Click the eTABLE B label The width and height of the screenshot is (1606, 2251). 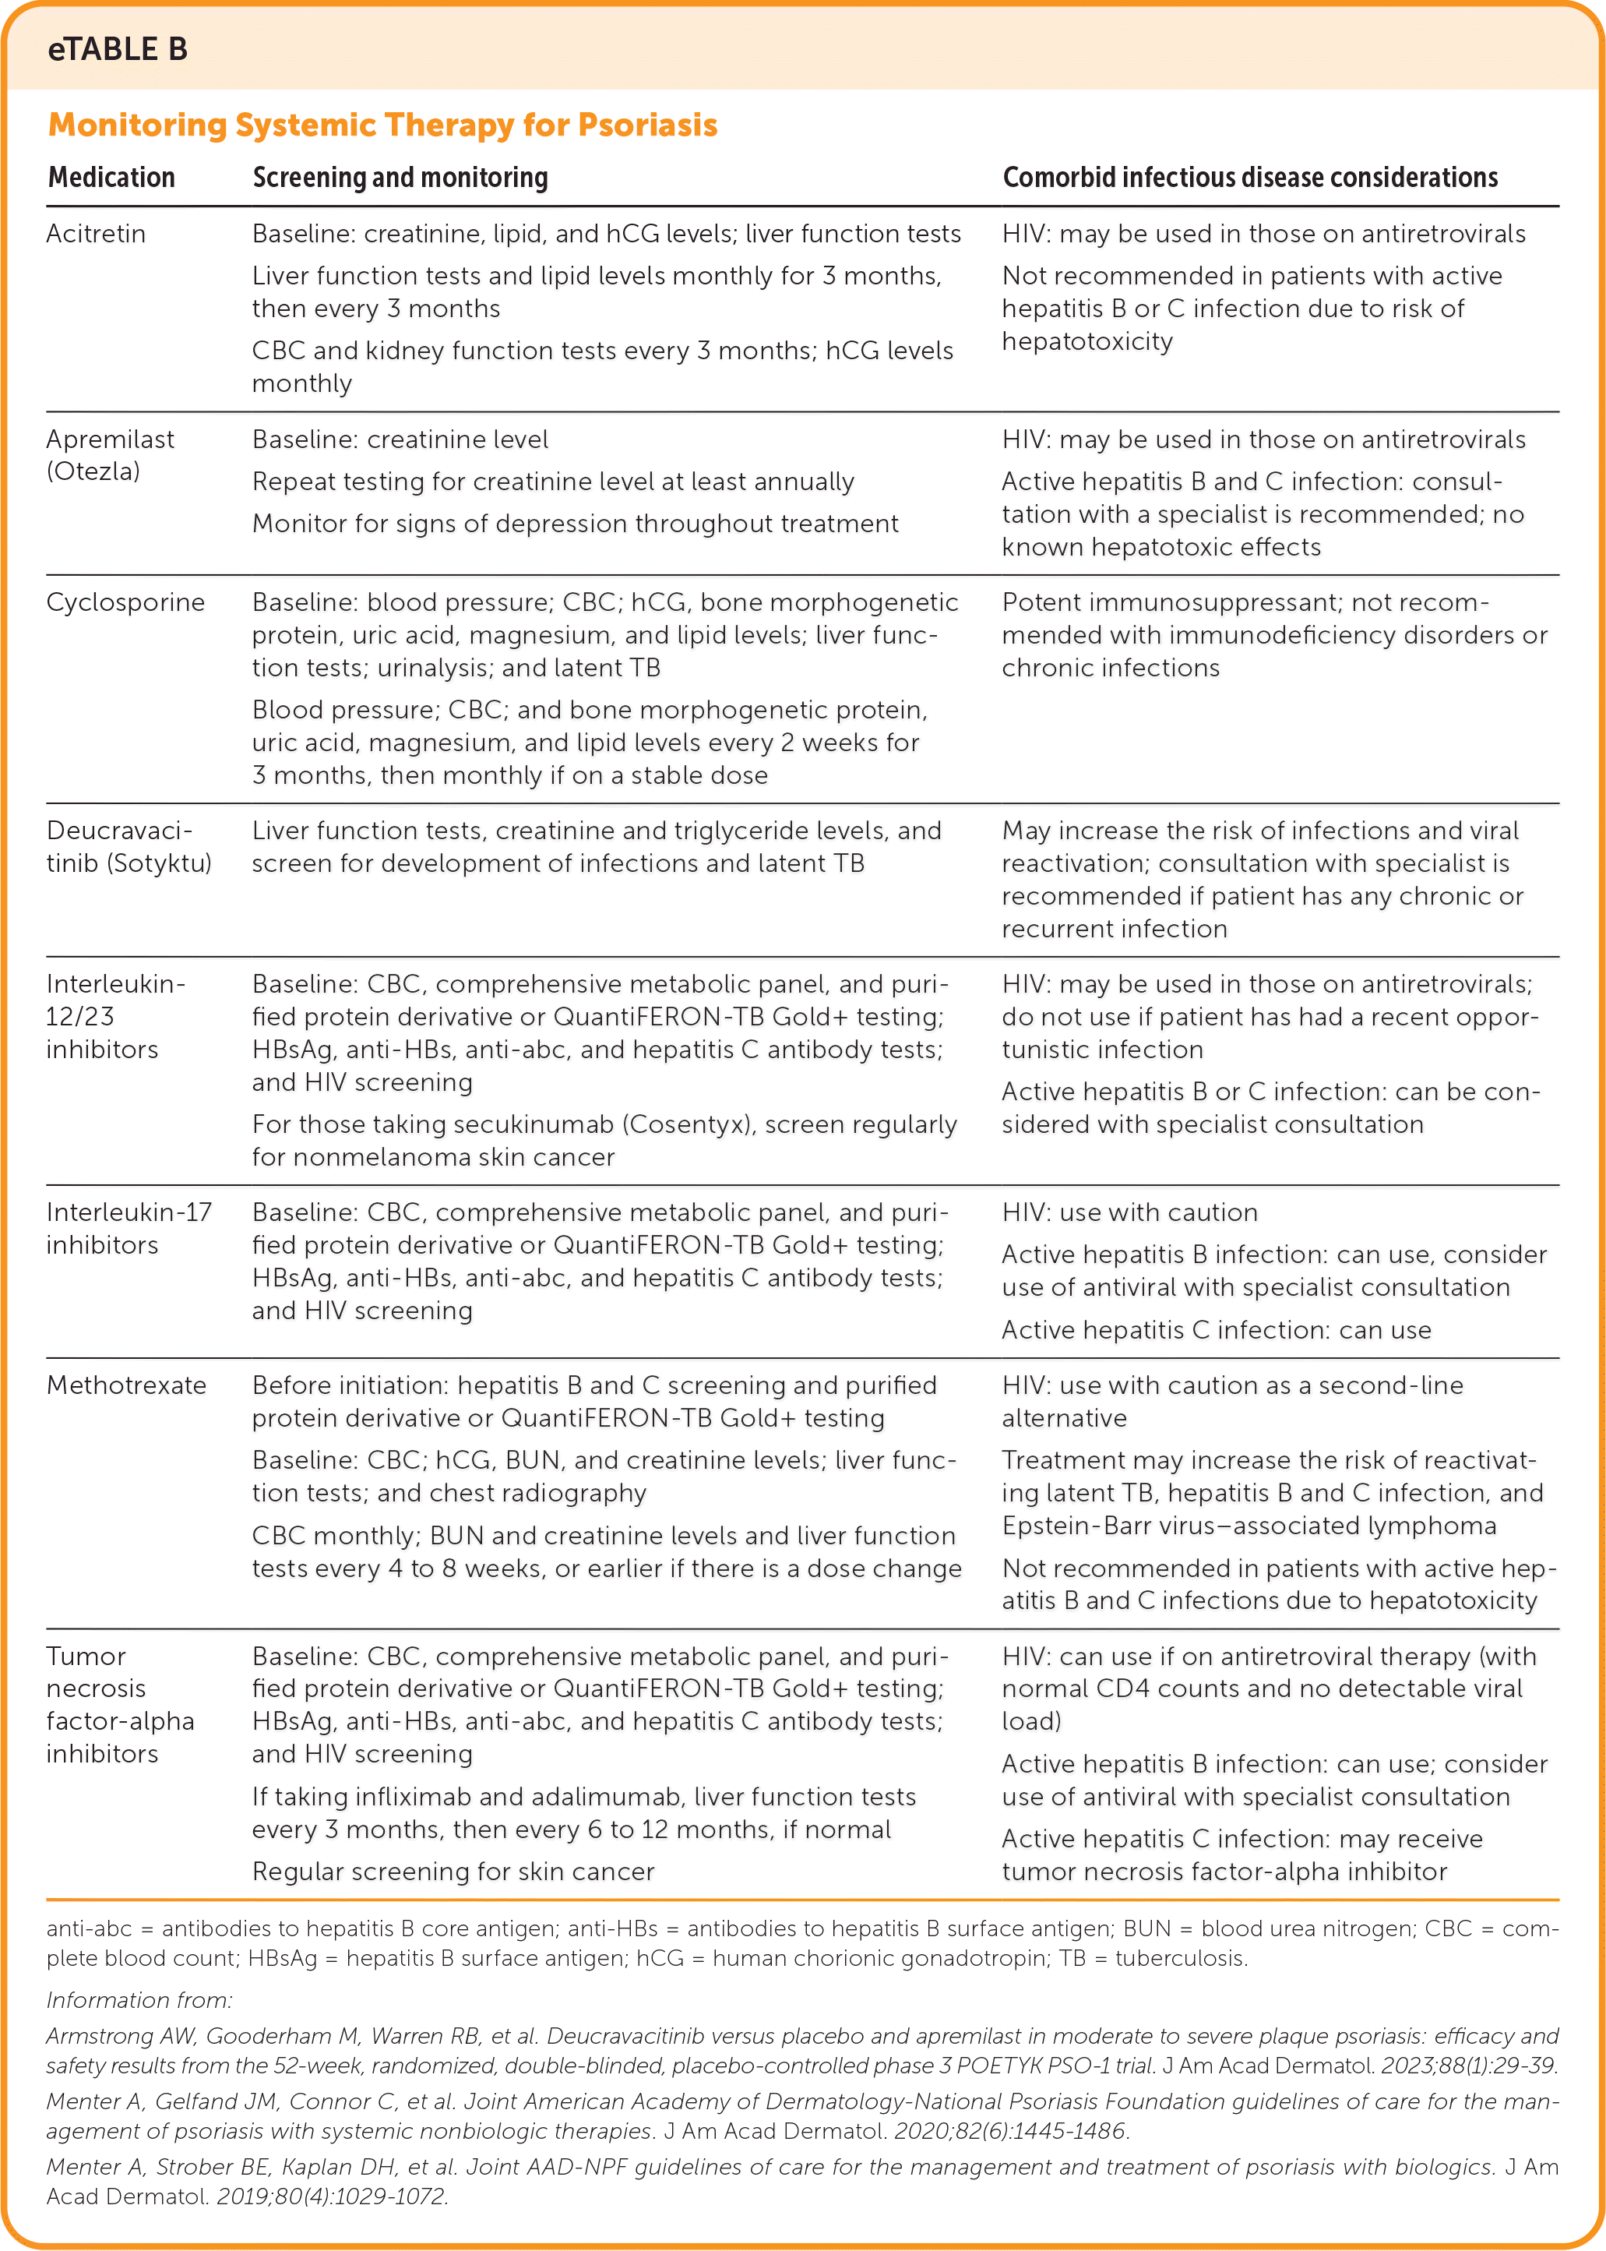coord(117,49)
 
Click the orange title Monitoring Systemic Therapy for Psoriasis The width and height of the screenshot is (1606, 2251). coord(382,125)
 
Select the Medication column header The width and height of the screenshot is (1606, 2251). coord(111,177)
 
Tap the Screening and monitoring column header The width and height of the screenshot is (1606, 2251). coord(400,177)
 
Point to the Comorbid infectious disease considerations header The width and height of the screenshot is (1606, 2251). coord(1249,177)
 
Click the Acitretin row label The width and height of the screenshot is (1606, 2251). coord(96,235)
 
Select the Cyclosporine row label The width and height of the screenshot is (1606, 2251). coord(125,602)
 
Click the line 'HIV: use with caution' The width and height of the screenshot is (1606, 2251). coord(1129,1212)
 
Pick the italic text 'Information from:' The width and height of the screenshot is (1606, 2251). coord(139,2001)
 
